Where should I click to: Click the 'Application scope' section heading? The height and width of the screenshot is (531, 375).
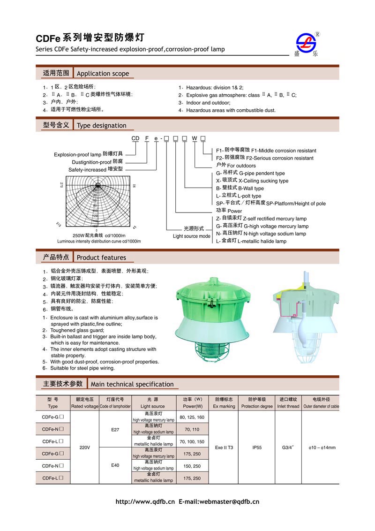click(103, 74)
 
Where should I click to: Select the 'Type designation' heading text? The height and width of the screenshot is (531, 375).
click(101, 125)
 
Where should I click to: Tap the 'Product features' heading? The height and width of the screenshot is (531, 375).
click(101, 258)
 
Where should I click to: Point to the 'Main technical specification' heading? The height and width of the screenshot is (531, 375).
click(132, 384)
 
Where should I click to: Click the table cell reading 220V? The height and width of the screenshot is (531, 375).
click(84, 448)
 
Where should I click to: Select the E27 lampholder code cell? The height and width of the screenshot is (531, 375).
click(115, 429)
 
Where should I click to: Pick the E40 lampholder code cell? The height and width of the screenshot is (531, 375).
click(115, 466)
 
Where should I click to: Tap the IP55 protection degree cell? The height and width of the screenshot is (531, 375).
click(257, 448)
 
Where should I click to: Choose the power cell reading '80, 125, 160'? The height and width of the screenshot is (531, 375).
click(192, 417)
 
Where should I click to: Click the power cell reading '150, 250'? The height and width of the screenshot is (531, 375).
click(192, 466)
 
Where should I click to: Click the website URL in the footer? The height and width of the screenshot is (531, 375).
click(145, 501)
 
